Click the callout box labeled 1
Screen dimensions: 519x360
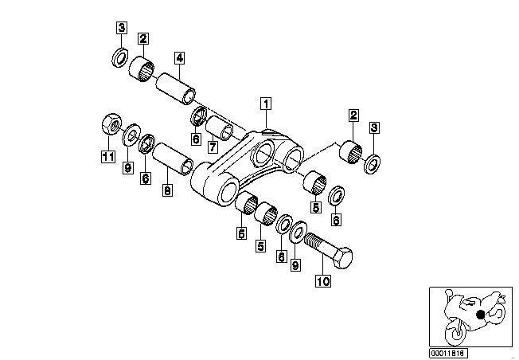266,104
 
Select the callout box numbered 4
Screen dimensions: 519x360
179,58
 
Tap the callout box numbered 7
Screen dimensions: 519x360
213,147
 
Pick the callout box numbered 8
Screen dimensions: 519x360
168,190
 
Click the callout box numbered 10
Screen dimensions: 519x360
323,281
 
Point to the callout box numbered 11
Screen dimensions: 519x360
108,156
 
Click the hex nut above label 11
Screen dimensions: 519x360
111,124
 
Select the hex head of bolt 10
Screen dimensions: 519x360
343,257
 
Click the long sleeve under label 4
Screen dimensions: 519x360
175,88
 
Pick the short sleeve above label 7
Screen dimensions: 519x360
219,128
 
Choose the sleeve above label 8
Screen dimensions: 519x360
173,159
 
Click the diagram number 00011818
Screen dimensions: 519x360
448,353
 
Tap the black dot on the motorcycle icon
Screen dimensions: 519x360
480,315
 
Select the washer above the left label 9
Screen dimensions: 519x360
131,135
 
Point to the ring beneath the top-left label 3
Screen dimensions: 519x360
119,57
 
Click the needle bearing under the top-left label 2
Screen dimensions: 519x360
142,68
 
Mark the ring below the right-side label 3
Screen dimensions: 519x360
372,164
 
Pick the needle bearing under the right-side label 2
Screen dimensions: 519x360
351,152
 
